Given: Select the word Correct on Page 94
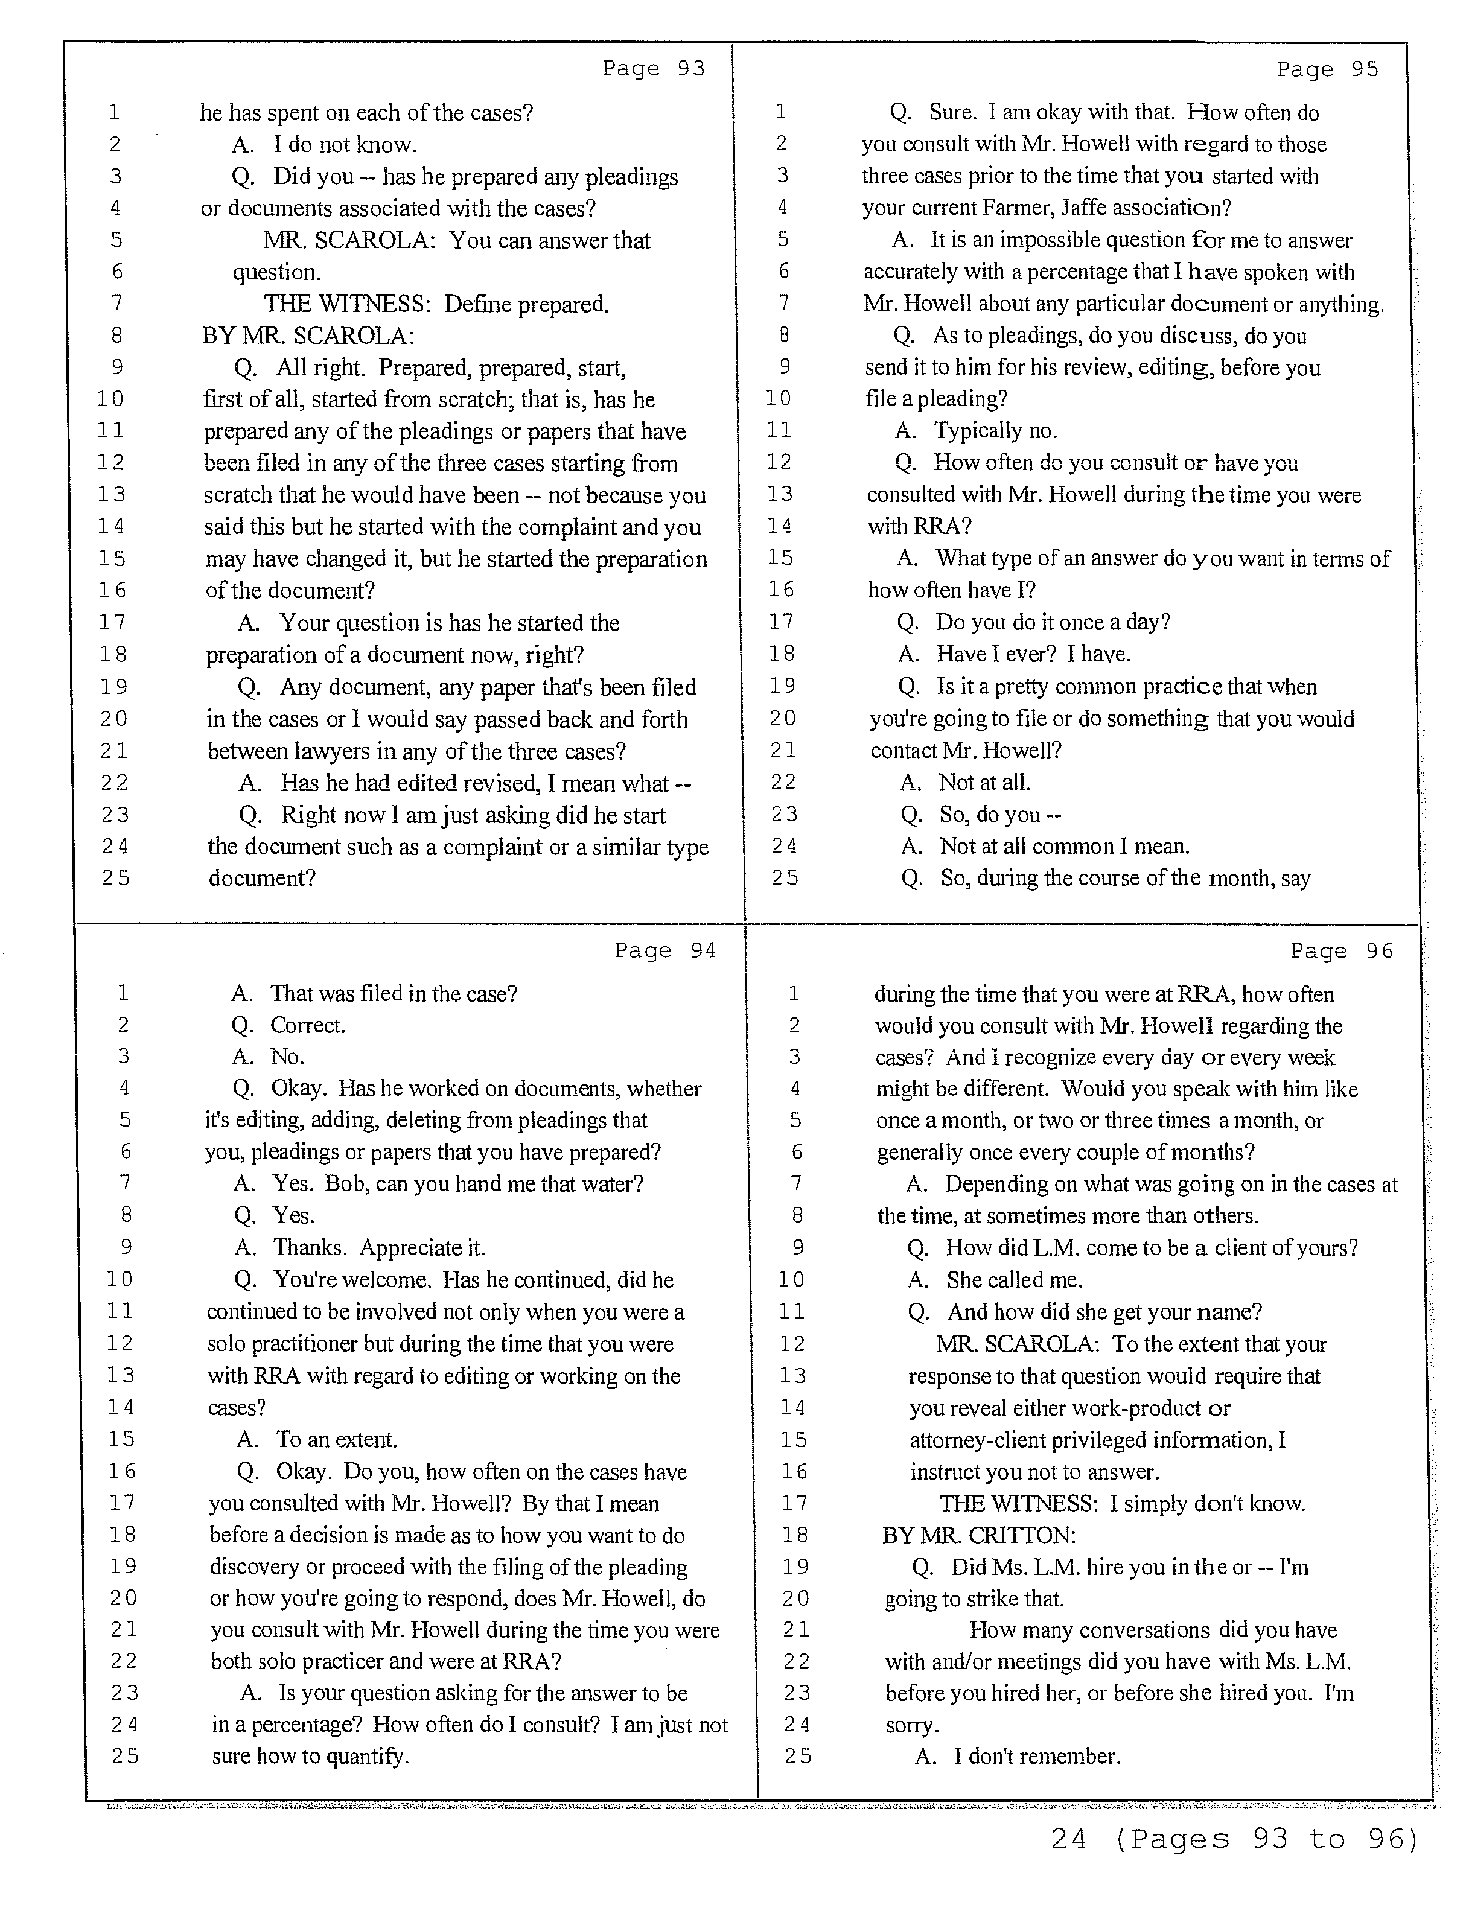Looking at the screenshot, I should (x=307, y=1025).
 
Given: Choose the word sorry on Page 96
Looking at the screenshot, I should (x=911, y=1725).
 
